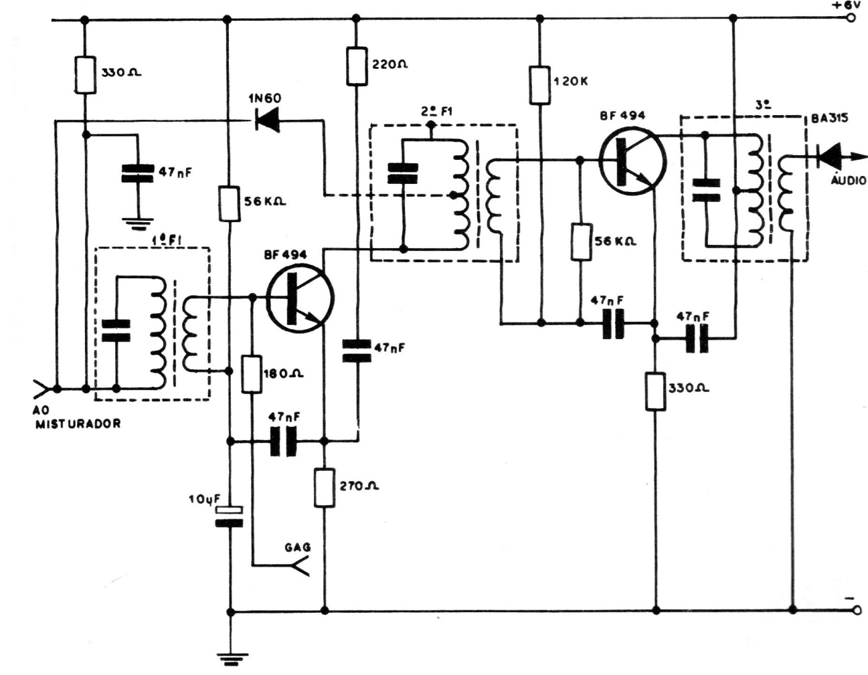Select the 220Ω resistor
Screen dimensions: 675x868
pyautogui.click(x=357, y=66)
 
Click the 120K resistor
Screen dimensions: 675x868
pyautogui.click(x=539, y=85)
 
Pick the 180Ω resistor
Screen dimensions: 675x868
pyautogui.click(x=252, y=374)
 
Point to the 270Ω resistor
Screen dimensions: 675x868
pyautogui.click(x=325, y=488)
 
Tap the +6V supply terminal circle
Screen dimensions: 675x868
pyautogui.click(x=851, y=18)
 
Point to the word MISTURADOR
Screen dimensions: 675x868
pyautogui.click(x=78, y=423)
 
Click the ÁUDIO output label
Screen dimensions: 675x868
pyautogui.click(x=848, y=180)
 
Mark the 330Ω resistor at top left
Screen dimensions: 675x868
pyautogui.click(x=85, y=74)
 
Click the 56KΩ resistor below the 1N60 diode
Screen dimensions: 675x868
pyautogui.click(x=230, y=204)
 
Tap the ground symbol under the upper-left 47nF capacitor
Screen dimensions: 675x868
pyautogui.click(x=137, y=220)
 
